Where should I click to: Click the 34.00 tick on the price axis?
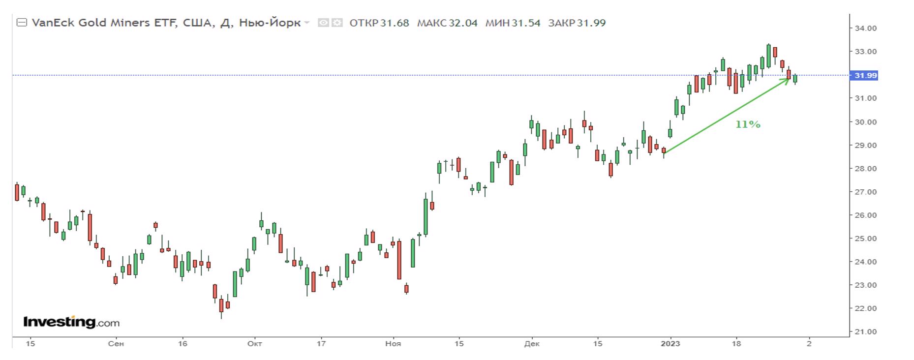click(865, 29)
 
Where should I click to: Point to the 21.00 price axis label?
click(865, 332)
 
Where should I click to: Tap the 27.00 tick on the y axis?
click(865, 192)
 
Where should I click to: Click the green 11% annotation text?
click(748, 125)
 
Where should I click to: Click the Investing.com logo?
click(71, 323)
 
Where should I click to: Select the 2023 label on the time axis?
click(670, 344)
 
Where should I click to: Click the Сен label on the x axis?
click(116, 344)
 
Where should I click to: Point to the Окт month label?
click(254, 344)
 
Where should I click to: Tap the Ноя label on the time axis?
click(393, 344)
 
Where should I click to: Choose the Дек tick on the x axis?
click(532, 344)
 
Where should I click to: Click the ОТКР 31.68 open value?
click(379, 23)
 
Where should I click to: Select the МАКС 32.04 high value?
click(447, 23)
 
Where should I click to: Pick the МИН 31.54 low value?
click(513, 23)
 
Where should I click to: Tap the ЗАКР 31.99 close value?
click(577, 23)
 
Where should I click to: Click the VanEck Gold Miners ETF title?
click(104, 23)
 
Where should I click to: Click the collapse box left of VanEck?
click(22, 23)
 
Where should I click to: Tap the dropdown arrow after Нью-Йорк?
click(307, 23)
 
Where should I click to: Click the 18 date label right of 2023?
click(736, 344)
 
